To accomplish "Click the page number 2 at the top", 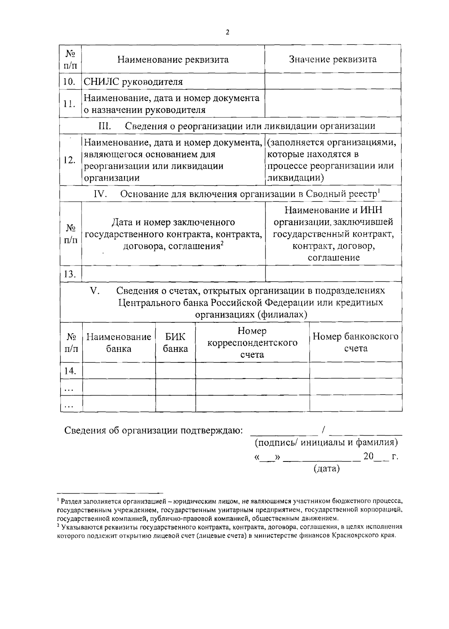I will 227,32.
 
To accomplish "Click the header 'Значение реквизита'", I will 333,59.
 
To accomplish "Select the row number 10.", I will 70,82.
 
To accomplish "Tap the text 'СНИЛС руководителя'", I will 133,82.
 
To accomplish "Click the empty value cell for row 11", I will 333,104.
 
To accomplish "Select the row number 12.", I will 70,160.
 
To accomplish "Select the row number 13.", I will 70,274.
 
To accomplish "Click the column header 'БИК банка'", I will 175,343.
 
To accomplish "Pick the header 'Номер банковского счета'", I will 355,343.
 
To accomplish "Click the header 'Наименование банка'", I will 119,343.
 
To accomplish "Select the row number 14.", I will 70,371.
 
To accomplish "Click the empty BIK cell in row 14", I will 175,371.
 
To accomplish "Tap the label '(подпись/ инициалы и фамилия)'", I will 326,442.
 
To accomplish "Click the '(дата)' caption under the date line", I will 327,468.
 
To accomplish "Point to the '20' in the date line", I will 368,456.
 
